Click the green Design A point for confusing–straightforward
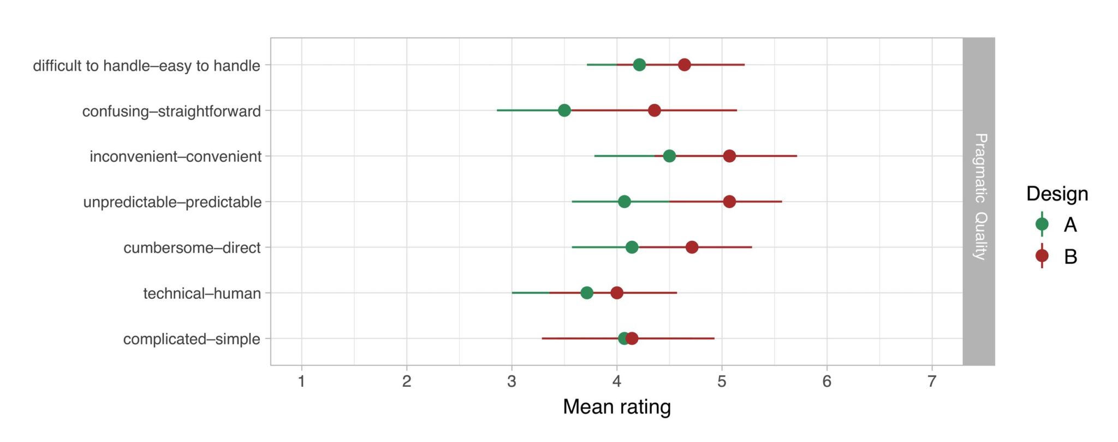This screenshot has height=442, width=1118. [x=564, y=110]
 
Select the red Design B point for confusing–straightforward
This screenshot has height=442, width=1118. [x=655, y=110]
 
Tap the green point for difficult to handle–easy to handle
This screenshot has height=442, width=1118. [x=639, y=65]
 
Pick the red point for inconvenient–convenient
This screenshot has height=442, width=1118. [x=729, y=156]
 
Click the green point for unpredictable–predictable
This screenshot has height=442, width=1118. [x=625, y=202]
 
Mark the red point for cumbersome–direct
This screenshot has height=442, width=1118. [x=692, y=247]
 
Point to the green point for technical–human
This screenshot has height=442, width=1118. [x=587, y=293]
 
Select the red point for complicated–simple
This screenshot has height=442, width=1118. [x=632, y=339]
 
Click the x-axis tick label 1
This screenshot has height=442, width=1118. [x=301, y=381]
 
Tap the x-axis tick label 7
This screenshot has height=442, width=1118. [x=932, y=381]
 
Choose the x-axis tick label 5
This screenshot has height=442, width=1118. [x=722, y=381]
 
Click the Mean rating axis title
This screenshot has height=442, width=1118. [x=617, y=407]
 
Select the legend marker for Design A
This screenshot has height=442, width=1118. [x=1042, y=224]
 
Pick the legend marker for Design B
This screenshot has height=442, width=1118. [x=1042, y=256]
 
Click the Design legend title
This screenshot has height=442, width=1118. [x=1057, y=194]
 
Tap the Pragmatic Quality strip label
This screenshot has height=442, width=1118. [x=980, y=197]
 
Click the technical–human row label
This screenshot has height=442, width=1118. [x=202, y=293]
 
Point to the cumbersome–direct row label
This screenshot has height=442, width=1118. [x=192, y=248]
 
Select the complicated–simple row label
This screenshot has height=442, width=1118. [x=192, y=339]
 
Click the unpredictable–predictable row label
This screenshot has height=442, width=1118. [x=173, y=202]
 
